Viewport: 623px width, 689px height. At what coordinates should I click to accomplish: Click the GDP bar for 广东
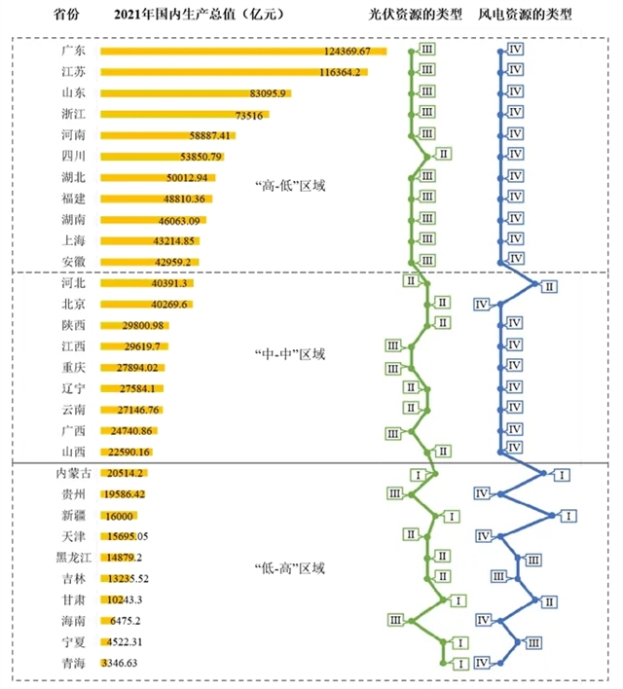pos(243,51)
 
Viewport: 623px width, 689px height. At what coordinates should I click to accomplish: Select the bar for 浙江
pos(185,114)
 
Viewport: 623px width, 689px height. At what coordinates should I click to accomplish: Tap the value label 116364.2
pos(344,72)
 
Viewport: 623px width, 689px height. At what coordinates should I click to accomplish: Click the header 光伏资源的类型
pos(421,16)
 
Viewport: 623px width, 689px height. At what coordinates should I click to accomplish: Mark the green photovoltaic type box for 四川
pos(443,154)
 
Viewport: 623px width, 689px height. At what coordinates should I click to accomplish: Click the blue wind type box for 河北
pos(549,285)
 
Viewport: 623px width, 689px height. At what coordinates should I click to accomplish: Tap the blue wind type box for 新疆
pos(569,515)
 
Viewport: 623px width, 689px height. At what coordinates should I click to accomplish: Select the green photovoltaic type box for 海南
pos(396,620)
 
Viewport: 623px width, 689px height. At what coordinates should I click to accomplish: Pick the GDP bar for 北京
pos(146,305)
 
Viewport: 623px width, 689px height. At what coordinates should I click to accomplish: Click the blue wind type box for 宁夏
pos(533,642)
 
